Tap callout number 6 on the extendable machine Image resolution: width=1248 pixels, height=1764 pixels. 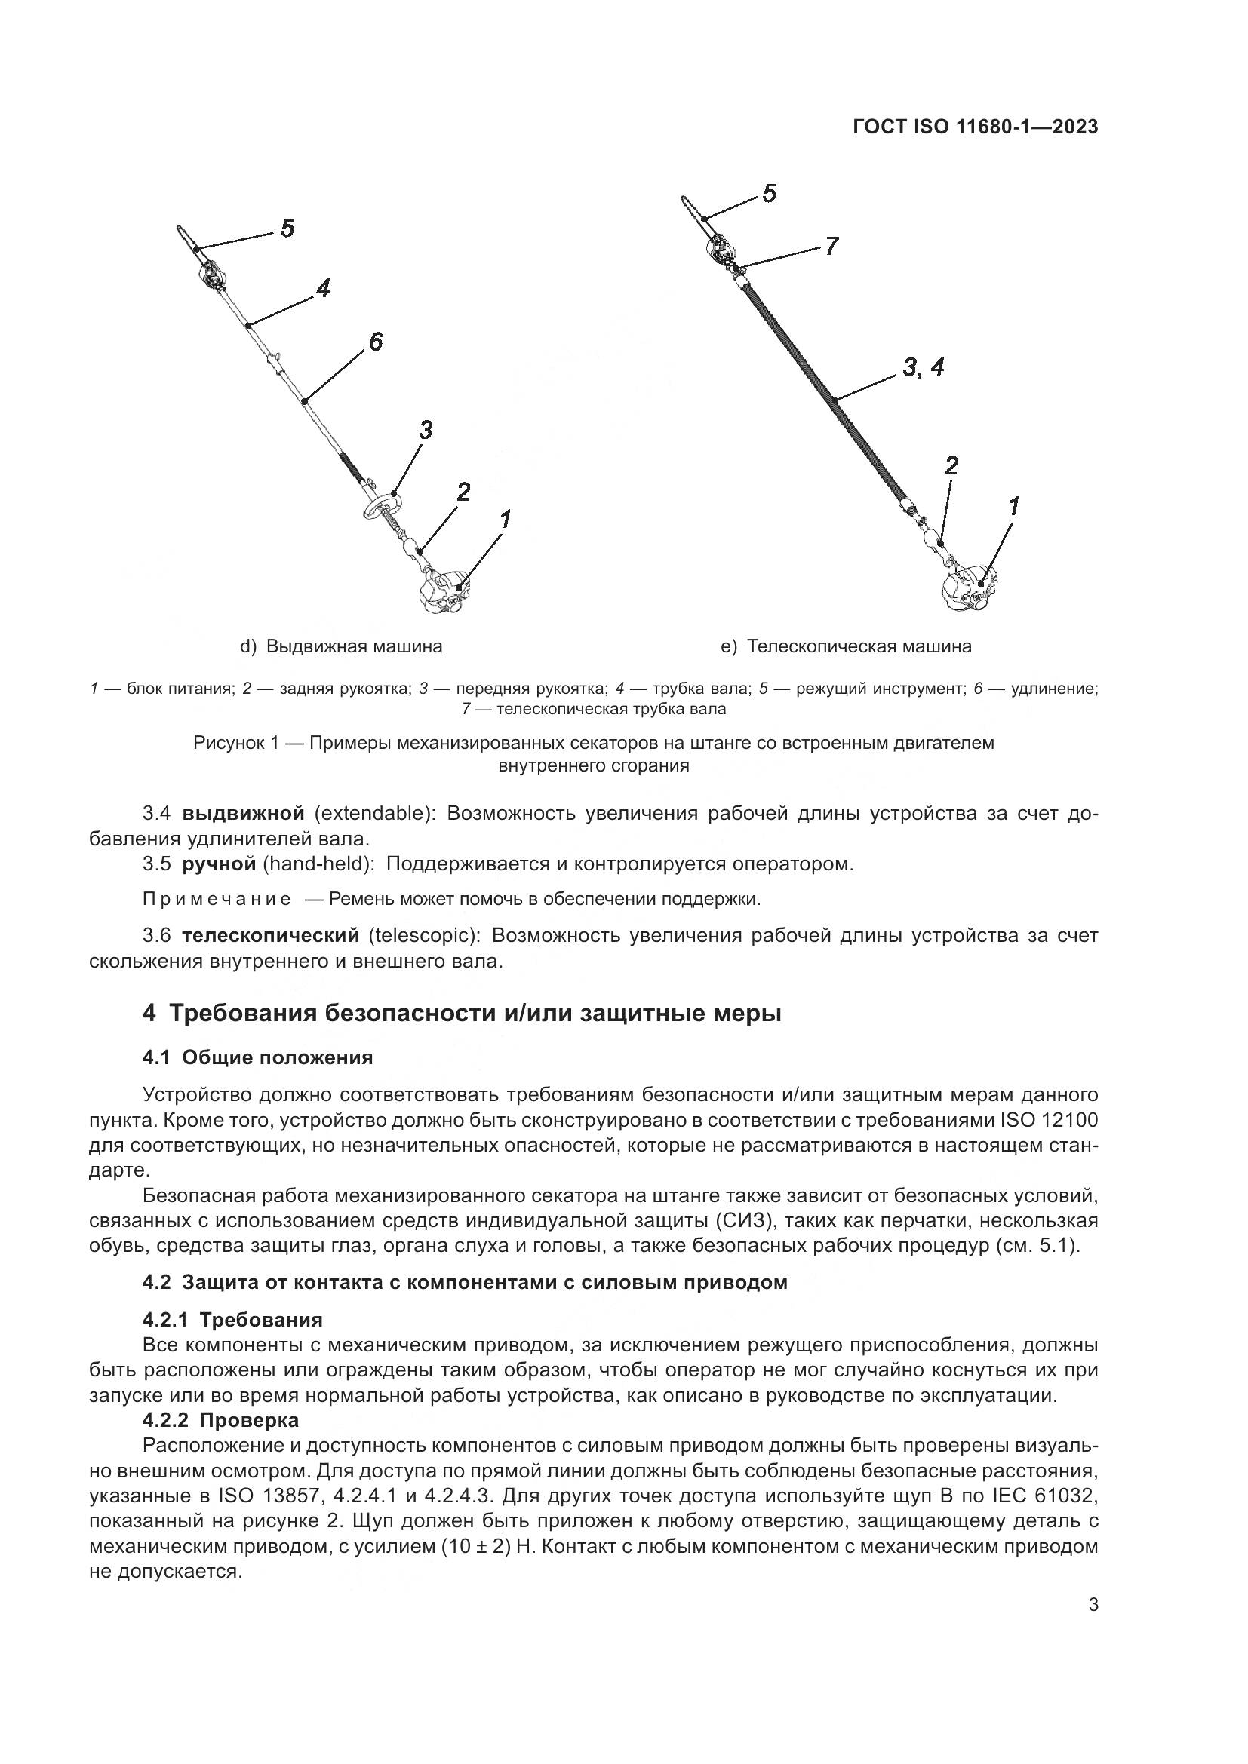click(x=375, y=342)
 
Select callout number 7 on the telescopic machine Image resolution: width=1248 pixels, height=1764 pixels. click(x=831, y=247)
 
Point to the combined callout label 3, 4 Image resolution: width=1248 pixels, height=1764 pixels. click(x=923, y=368)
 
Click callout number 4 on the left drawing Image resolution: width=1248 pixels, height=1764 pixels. click(x=323, y=289)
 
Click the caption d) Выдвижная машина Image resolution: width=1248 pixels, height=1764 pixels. click(x=341, y=646)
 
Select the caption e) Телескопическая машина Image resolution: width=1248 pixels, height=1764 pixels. click(x=846, y=646)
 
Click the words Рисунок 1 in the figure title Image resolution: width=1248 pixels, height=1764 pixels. click(x=235, y=743)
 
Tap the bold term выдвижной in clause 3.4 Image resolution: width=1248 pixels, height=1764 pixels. click(x=244, y=814)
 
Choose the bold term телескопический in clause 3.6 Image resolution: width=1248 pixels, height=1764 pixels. click(x=271, y=935)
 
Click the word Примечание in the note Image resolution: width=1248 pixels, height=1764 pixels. click(x=217, y=899)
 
